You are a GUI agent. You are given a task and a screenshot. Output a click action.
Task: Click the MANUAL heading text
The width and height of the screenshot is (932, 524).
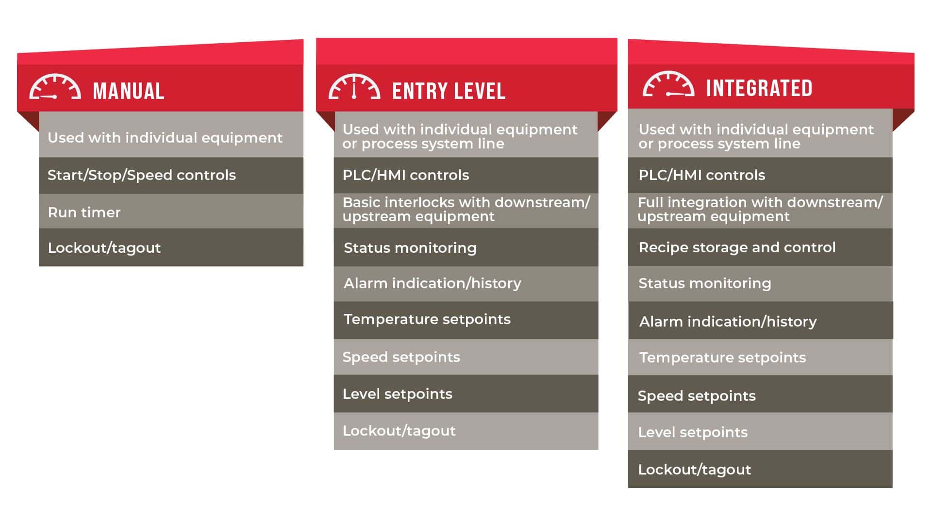[129, 91]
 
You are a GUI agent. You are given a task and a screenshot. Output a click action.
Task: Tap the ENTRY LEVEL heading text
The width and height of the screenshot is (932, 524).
[449, 91]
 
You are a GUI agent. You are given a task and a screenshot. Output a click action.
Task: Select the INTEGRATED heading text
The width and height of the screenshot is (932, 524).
[759, 88]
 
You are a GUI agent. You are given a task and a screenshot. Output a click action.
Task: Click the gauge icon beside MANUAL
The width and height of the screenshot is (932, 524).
[55, 87]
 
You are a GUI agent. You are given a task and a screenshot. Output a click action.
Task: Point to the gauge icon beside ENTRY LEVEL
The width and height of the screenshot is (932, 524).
[354, 87]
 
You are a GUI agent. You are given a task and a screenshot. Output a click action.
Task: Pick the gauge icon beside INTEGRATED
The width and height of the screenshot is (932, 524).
[668, 84]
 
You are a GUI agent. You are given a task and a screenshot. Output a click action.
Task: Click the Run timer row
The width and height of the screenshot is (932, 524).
[84, 213]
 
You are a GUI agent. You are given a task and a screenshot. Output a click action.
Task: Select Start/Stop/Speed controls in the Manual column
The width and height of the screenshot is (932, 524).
[142, 175]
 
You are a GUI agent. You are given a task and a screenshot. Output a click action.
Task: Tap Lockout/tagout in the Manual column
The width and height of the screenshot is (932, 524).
[104, 248]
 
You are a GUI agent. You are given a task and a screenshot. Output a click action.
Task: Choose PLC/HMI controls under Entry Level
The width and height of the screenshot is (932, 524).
[406, 175]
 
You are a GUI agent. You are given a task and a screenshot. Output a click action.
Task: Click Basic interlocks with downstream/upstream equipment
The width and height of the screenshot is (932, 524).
[466, 209]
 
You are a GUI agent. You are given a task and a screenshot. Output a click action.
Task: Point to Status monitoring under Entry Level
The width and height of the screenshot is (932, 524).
[410, 248]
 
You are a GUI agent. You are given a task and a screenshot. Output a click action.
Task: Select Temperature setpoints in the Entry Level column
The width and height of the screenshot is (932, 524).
[427, 319]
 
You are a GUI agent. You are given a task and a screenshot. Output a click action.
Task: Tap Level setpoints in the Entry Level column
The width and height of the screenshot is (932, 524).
[398, 394]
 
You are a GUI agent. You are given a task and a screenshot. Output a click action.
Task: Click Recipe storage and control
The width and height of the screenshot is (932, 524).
[737, 247]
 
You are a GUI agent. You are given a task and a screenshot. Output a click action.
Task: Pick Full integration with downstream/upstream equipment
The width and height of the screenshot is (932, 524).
[760, 209]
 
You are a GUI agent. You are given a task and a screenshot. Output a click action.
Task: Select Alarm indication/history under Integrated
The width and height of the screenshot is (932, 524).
[728, 322]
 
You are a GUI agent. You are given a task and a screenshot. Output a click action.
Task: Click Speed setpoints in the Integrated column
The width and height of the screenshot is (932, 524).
[697, 396]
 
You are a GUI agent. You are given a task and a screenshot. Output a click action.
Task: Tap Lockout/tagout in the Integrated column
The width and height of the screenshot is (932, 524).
[695, 470]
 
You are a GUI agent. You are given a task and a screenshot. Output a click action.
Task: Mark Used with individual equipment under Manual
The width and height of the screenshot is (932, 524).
[165, 138]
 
